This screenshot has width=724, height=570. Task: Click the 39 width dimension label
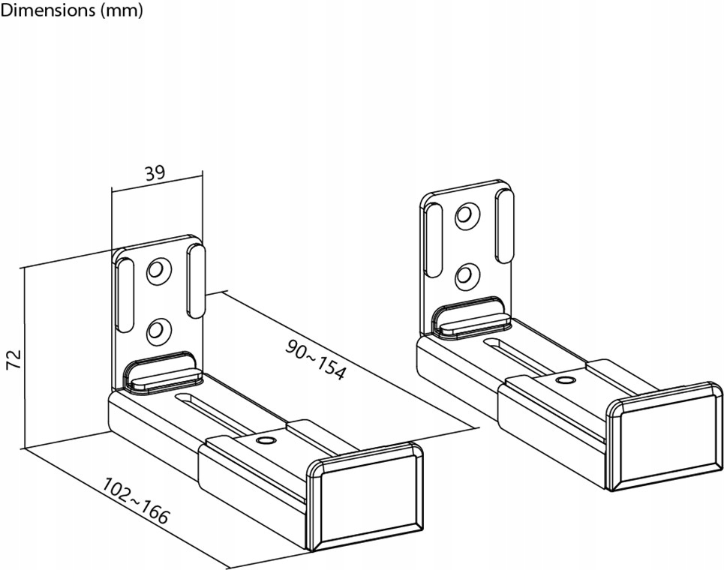(x=155, y=173)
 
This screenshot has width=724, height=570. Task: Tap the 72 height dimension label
(x=14, y=358)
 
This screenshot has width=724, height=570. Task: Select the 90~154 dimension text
(x=315, y=359)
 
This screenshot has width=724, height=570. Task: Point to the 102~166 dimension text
(x=135, y=501)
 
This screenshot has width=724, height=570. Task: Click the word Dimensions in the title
(x=47, y=10)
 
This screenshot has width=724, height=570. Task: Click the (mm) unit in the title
(x=122, y=10)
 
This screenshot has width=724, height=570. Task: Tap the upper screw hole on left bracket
(x=159, y=270)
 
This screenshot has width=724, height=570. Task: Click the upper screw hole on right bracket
(x=467, y=215)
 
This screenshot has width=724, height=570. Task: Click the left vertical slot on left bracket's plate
(x=125, y=295)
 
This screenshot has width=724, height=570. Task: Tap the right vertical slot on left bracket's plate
(x=196, y=281)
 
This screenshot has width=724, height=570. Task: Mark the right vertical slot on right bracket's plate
(x=504, y=226)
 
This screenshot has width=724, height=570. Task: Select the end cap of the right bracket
(x=665, y=436)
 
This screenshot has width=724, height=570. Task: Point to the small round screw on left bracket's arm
(x=266, y=439)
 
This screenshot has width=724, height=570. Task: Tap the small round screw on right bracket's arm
(x=563, y=380)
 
